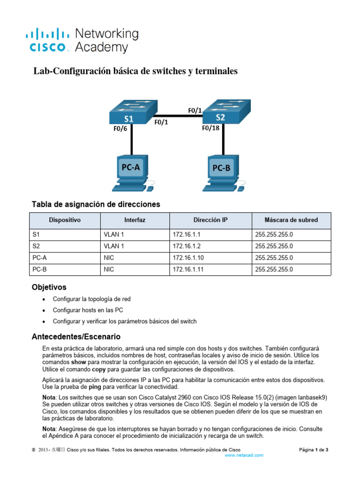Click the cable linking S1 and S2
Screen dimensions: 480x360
click(x=178, y=116)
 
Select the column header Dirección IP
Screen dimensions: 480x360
click(x=210, y=220)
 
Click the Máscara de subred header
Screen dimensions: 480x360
click(x=291, y=220)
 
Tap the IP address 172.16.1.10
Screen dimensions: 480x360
click(x=188, y=257)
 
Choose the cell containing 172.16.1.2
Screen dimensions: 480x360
click(x=187, y=246)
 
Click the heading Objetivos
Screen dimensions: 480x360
click(x=49, y=287)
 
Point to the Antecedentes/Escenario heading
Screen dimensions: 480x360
click(x=75, y=337)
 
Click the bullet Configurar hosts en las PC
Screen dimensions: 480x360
click(x=88, y=310)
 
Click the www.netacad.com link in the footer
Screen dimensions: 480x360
click(x=244, y=455)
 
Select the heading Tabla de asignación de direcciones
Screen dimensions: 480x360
click(x=96, y=204)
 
